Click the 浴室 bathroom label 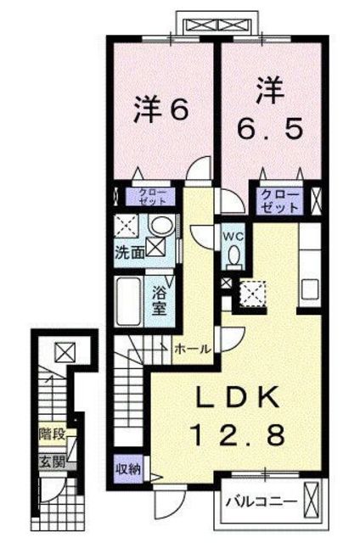click(161, 299)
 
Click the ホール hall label click(193, 348)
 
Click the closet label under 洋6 click(154, 198)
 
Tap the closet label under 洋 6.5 click(279, 200)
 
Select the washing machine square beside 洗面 click(156, 248)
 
